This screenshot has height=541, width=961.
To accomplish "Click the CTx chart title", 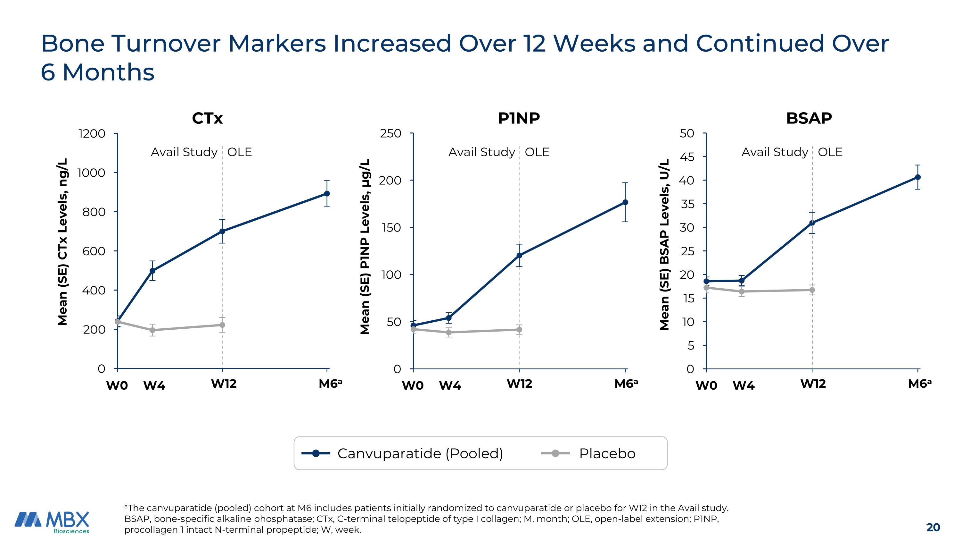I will pos(208,118).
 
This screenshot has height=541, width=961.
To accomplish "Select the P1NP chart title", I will pos(519,118).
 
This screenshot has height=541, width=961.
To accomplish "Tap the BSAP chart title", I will pos(809,118).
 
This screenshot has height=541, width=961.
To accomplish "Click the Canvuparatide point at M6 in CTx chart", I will pos(327,193).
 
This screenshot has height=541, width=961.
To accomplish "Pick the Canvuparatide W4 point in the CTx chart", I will pos(152,271).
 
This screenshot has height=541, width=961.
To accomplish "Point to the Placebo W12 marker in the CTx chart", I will pos(222,325).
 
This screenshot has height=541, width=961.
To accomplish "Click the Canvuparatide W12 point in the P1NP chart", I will pos(519,255).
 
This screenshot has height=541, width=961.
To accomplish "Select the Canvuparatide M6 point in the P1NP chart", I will pos(625,202).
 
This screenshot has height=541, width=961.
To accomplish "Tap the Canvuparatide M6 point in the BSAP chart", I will pos(918,177).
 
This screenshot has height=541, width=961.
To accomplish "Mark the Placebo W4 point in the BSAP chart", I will pos(742,292).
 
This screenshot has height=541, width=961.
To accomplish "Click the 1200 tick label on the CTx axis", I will pos(92,134).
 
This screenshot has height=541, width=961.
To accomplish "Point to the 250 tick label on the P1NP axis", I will pos(390,134).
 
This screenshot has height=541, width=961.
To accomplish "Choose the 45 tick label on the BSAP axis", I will pos(687,157).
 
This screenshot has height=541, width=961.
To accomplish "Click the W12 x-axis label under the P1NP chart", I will pos(519,384).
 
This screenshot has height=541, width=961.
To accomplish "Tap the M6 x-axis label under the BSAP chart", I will pos(919,384).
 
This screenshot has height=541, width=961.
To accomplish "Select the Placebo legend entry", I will pos(607,453).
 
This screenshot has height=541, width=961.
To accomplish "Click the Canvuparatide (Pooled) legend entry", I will pos(420,453).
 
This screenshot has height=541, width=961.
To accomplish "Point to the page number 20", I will pos(933,527).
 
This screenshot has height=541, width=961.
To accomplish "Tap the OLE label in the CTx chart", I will pos(240,152).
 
